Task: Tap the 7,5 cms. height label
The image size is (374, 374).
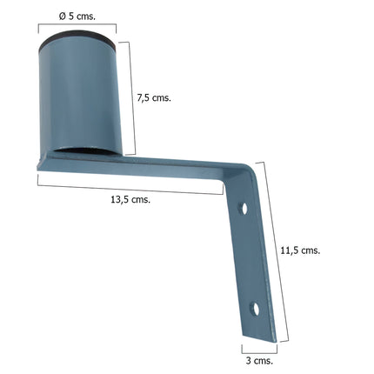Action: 155,97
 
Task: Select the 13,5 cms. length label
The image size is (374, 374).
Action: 130,199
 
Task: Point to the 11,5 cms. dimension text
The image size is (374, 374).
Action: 301,250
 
